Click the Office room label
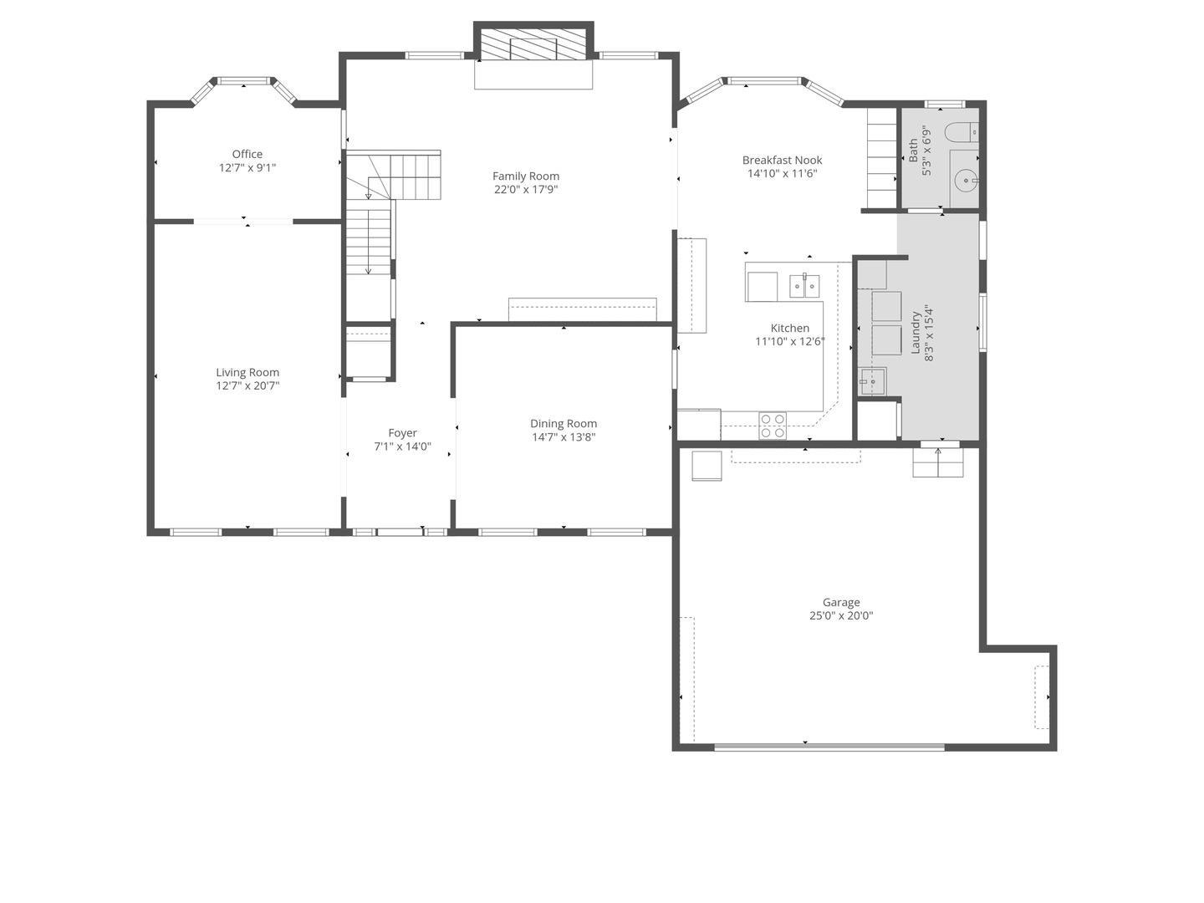click(247, 154)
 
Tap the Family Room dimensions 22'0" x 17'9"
click(526, 190)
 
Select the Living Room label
click(247, 373)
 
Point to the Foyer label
click(402, 433)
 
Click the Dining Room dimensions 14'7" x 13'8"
click(564, 437)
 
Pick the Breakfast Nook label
click(782, 160)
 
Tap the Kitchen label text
click(789, 329)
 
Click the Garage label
click(841, 602)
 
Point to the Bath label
click(913, 150)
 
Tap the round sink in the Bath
click(967, 179)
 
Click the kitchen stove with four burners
click(773, 426)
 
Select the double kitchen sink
click(804, 286)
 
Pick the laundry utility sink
click(872, 381)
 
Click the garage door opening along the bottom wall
click(829, 747)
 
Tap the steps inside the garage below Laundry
click(937, 463)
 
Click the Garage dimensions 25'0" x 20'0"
click(841, 616)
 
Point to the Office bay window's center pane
click(244, 81)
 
